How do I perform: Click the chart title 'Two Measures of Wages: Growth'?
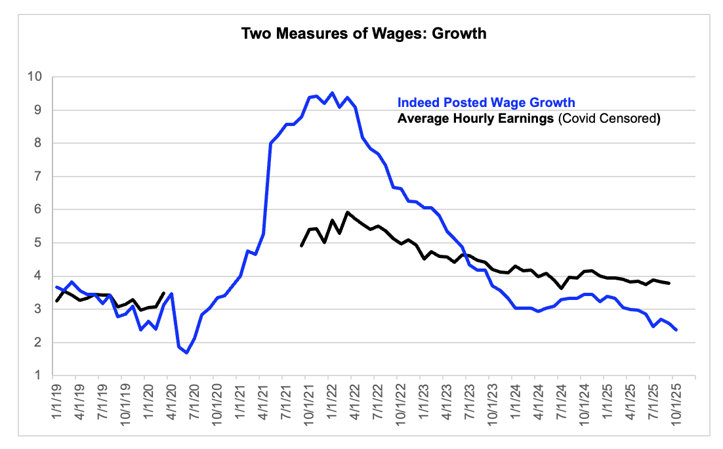coord(364,33)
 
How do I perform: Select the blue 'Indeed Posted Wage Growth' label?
coord(486,102)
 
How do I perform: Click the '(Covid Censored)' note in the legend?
coord(608,119)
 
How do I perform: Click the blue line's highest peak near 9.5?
coord(332,93)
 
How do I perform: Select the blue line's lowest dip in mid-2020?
coord(187,353)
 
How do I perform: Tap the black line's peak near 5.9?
coord(347,212)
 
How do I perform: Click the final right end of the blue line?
coord(676,330)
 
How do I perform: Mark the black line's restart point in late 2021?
coord(301,246)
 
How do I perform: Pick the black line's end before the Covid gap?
coord(163,293)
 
